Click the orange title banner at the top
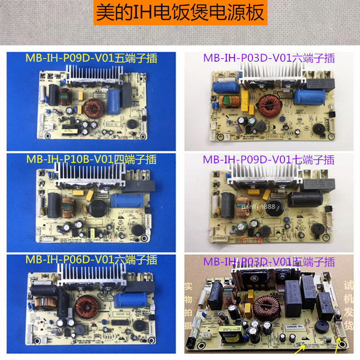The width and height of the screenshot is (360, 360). (180, 13)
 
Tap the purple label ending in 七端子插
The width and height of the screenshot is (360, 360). (269, 160)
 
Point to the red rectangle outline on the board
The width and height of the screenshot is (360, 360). (252, 240)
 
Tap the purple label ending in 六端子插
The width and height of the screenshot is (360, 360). (269, 58)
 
